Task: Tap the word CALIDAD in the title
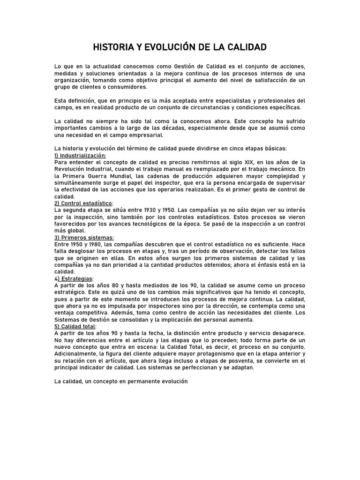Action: [247, 47]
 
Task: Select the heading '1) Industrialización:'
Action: [80, 156]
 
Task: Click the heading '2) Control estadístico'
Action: [83, 203]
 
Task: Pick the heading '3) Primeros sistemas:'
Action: [84, 238]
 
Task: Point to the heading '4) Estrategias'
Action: [74, 278]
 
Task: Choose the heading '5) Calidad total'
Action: [75, 326]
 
